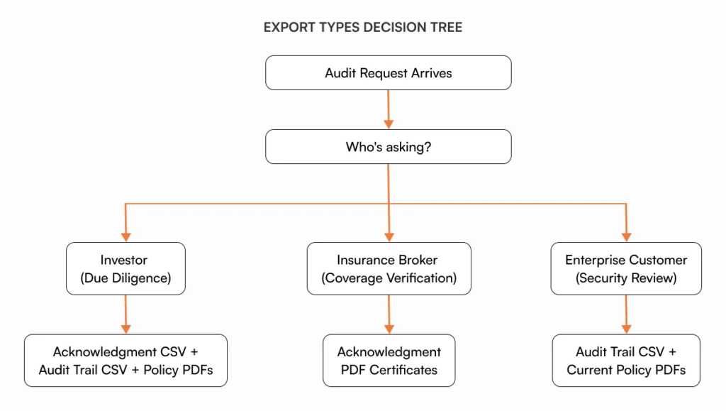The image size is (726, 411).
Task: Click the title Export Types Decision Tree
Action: pyautogui.click(x=362, y=28)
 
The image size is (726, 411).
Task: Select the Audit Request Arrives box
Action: pyautogui.click(x=388, y=72)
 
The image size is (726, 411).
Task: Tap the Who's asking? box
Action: pyautogui.click(x=388, y=147)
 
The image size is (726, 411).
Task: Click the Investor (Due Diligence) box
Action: pyautogui.click(x=125, y=268)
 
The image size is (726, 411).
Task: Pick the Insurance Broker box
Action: pyautogui.click(x=389, y=268)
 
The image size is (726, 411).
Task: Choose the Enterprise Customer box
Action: pyautogui.click(x=626, y=268)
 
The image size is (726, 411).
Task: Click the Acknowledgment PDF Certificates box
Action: pyautogui.click(x=389, y=361)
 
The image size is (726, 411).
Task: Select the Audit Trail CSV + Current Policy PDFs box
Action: pyautogui.click(x=626, y=361)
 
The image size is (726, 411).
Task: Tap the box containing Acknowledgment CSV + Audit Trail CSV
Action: pyautogui.click(x=125, y=361)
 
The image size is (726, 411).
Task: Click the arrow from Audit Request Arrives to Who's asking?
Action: pyautogui.click(x=388, y=109)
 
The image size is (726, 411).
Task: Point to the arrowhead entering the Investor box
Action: pyautogui.click(x=125, y=236)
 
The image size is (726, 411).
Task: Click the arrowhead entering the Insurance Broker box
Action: pyautogui.click(x=389, y=236)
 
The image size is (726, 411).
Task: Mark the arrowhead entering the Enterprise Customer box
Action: pyautogui.click(x=626, y=236)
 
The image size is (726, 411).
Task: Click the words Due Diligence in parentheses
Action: pyautogui.click(x=125, y=278)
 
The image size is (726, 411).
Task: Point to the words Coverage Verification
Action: pyautogui.click(x=389, y=278)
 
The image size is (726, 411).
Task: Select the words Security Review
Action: pyautogui.click(x=626, y=278)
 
